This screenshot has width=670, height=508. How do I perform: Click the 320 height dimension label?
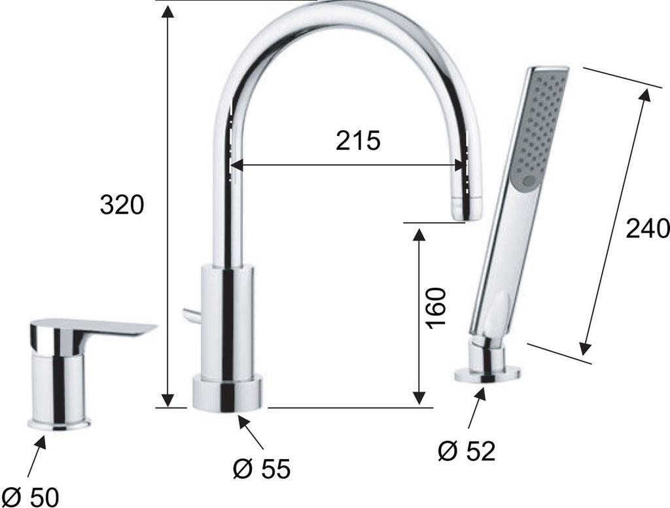(x=122, y=205)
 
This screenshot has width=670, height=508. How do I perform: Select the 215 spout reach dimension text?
(x=358, y=141)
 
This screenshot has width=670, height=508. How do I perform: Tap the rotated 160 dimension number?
(x=436, y=308)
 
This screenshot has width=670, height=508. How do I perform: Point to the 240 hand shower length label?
(x=647, y=228)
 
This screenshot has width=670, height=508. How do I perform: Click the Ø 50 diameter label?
(x=33, y=497)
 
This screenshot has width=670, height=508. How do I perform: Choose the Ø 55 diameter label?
(x=262, y=468)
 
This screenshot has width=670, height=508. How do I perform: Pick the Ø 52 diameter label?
(x=467, y=451)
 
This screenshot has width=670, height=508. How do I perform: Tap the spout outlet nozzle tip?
(x=466, y=209)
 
